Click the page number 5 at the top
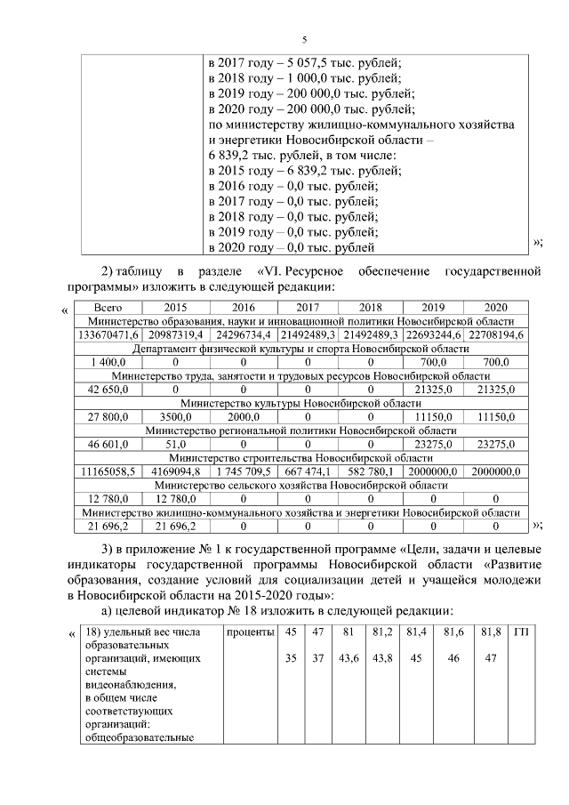pyautogui.click(x=304, y=40)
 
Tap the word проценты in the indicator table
pyautogui.click(x=249, y=632)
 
